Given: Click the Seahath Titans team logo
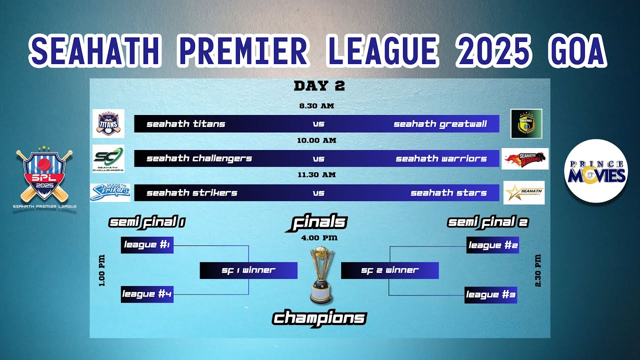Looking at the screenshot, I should pos(108,123).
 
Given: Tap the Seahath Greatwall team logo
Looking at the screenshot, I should pos(526,123).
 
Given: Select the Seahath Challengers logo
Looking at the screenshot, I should pos(108,158).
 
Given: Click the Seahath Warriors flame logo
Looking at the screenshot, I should pos(525,158).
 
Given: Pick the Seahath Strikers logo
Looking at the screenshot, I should pos(110,192).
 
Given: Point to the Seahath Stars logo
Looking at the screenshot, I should pos(524,192).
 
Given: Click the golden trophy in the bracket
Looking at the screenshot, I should pos(320,275).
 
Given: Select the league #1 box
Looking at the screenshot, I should pos(147,245).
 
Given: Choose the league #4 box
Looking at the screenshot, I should pos(147,294).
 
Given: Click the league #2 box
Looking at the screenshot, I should pos(492,245).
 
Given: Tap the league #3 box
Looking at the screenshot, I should pos(490,294).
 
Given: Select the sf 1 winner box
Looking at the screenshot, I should pos(248,270).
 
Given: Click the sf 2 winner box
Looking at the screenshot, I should pos(389,270).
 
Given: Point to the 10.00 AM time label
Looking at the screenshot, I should pos(316,140).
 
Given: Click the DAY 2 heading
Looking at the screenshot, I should pos(319,86).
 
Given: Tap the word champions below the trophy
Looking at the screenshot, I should pos(319,318).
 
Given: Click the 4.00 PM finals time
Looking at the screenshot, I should pos(319,237).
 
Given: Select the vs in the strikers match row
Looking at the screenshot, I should pos(318,193).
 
